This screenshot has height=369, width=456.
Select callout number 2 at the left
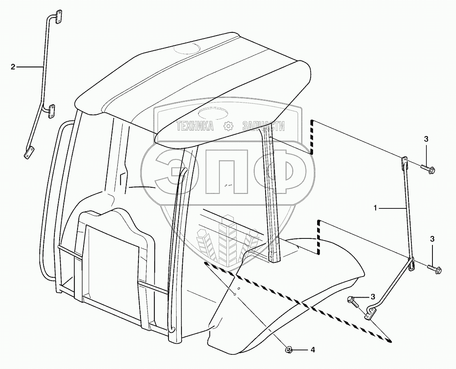pos(13,67)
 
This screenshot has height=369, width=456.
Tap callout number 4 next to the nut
pos(313,349)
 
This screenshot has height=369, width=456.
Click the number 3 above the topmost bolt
pos(426,139)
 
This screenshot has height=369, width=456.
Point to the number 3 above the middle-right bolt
pos(432,238)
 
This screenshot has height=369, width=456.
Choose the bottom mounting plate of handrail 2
pos(28,154)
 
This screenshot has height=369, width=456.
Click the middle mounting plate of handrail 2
pos(52,111)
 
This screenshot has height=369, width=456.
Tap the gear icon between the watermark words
pos(228,126)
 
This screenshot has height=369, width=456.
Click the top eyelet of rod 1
pos(404,162)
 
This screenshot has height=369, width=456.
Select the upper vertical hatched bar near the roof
pos(312,137)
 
